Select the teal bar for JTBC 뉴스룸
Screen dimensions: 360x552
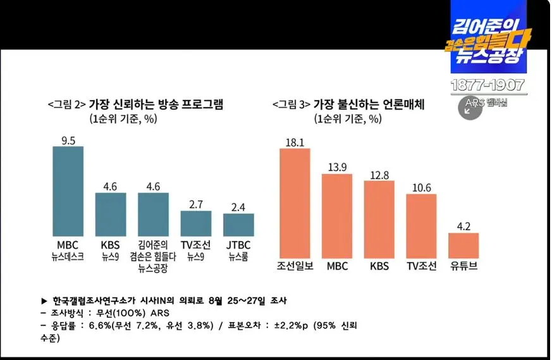pos(238,225)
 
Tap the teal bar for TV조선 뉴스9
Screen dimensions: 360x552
pos(196,223)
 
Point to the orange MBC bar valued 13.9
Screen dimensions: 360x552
pos(337,214)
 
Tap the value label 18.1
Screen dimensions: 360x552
pos(295,143)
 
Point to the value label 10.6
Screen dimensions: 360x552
pos(421,189)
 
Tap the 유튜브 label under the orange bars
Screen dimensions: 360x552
pos(463,266)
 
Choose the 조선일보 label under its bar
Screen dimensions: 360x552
pos(295,266)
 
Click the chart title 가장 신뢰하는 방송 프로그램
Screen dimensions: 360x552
pos(156,104)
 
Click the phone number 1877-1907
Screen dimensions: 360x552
pos(487,85)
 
